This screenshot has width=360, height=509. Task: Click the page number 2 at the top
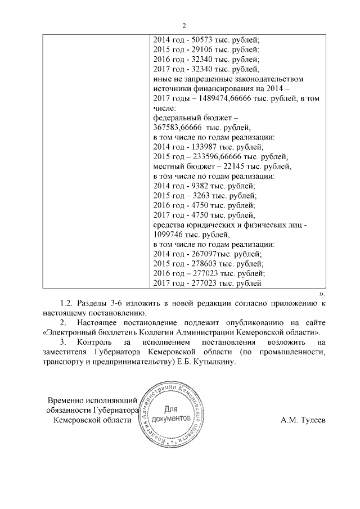[183, 25]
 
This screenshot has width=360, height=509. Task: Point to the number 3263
[198, 196]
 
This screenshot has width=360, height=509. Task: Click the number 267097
[201, 254]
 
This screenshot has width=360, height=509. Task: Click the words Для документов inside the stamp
[174, 416]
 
